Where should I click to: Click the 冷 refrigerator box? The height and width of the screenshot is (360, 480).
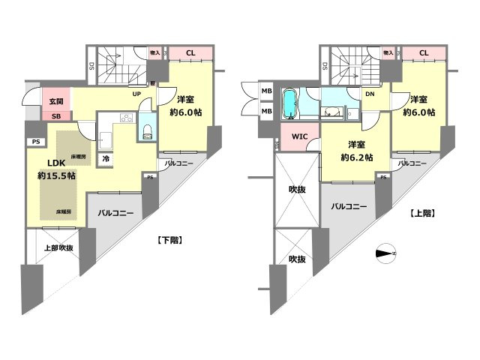click(x=106, y=159)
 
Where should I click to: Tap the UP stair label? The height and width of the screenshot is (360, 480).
click(x=136, y=94)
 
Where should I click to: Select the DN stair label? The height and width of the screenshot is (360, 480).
click(x=370, y=94)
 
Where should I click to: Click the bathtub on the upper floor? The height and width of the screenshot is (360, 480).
click(x=290, y=104)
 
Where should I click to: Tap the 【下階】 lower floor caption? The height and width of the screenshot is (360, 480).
click(x=170, y=240)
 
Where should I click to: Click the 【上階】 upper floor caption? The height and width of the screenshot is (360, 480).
click(x=424, y=213)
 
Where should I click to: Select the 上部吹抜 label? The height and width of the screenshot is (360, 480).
click(x=57, y=247)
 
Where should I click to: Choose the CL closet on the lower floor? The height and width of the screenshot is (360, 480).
click(x=190, y=52)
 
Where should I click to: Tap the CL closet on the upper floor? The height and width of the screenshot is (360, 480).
click(x=424, y=52)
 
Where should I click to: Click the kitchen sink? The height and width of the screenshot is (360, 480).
click(x=105, y=139)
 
